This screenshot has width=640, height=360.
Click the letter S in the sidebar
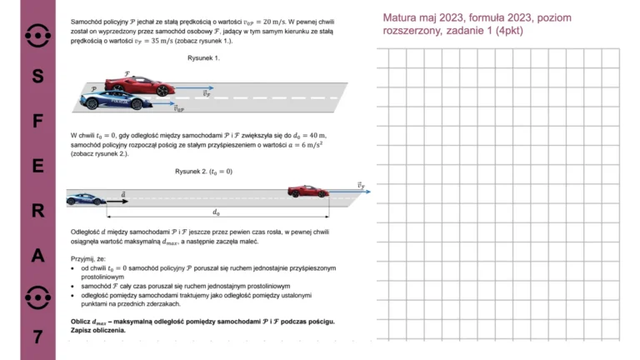point(37,76)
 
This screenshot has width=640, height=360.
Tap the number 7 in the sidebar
point(37,337)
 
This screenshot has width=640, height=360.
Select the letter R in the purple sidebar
point(37,212)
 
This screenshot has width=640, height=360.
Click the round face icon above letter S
point(37,34)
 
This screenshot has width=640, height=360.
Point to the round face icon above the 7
point(37,297)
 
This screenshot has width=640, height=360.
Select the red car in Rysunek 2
point(307,192)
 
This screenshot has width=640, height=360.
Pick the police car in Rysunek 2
point(86,199)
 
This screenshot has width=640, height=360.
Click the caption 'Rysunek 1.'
point(203,58)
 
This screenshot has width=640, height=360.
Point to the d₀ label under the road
point(217,213)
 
